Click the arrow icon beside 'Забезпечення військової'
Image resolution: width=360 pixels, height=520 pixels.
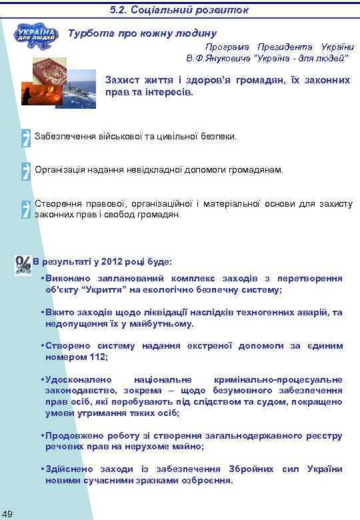pos(26,136)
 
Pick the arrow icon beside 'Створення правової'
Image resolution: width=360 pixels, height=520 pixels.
pos(26,208)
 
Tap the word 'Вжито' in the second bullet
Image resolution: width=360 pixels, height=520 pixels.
pos(58,312)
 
